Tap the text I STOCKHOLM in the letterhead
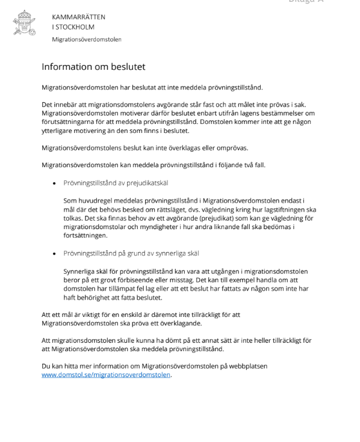pyautogui.click(x=73, y=26)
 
